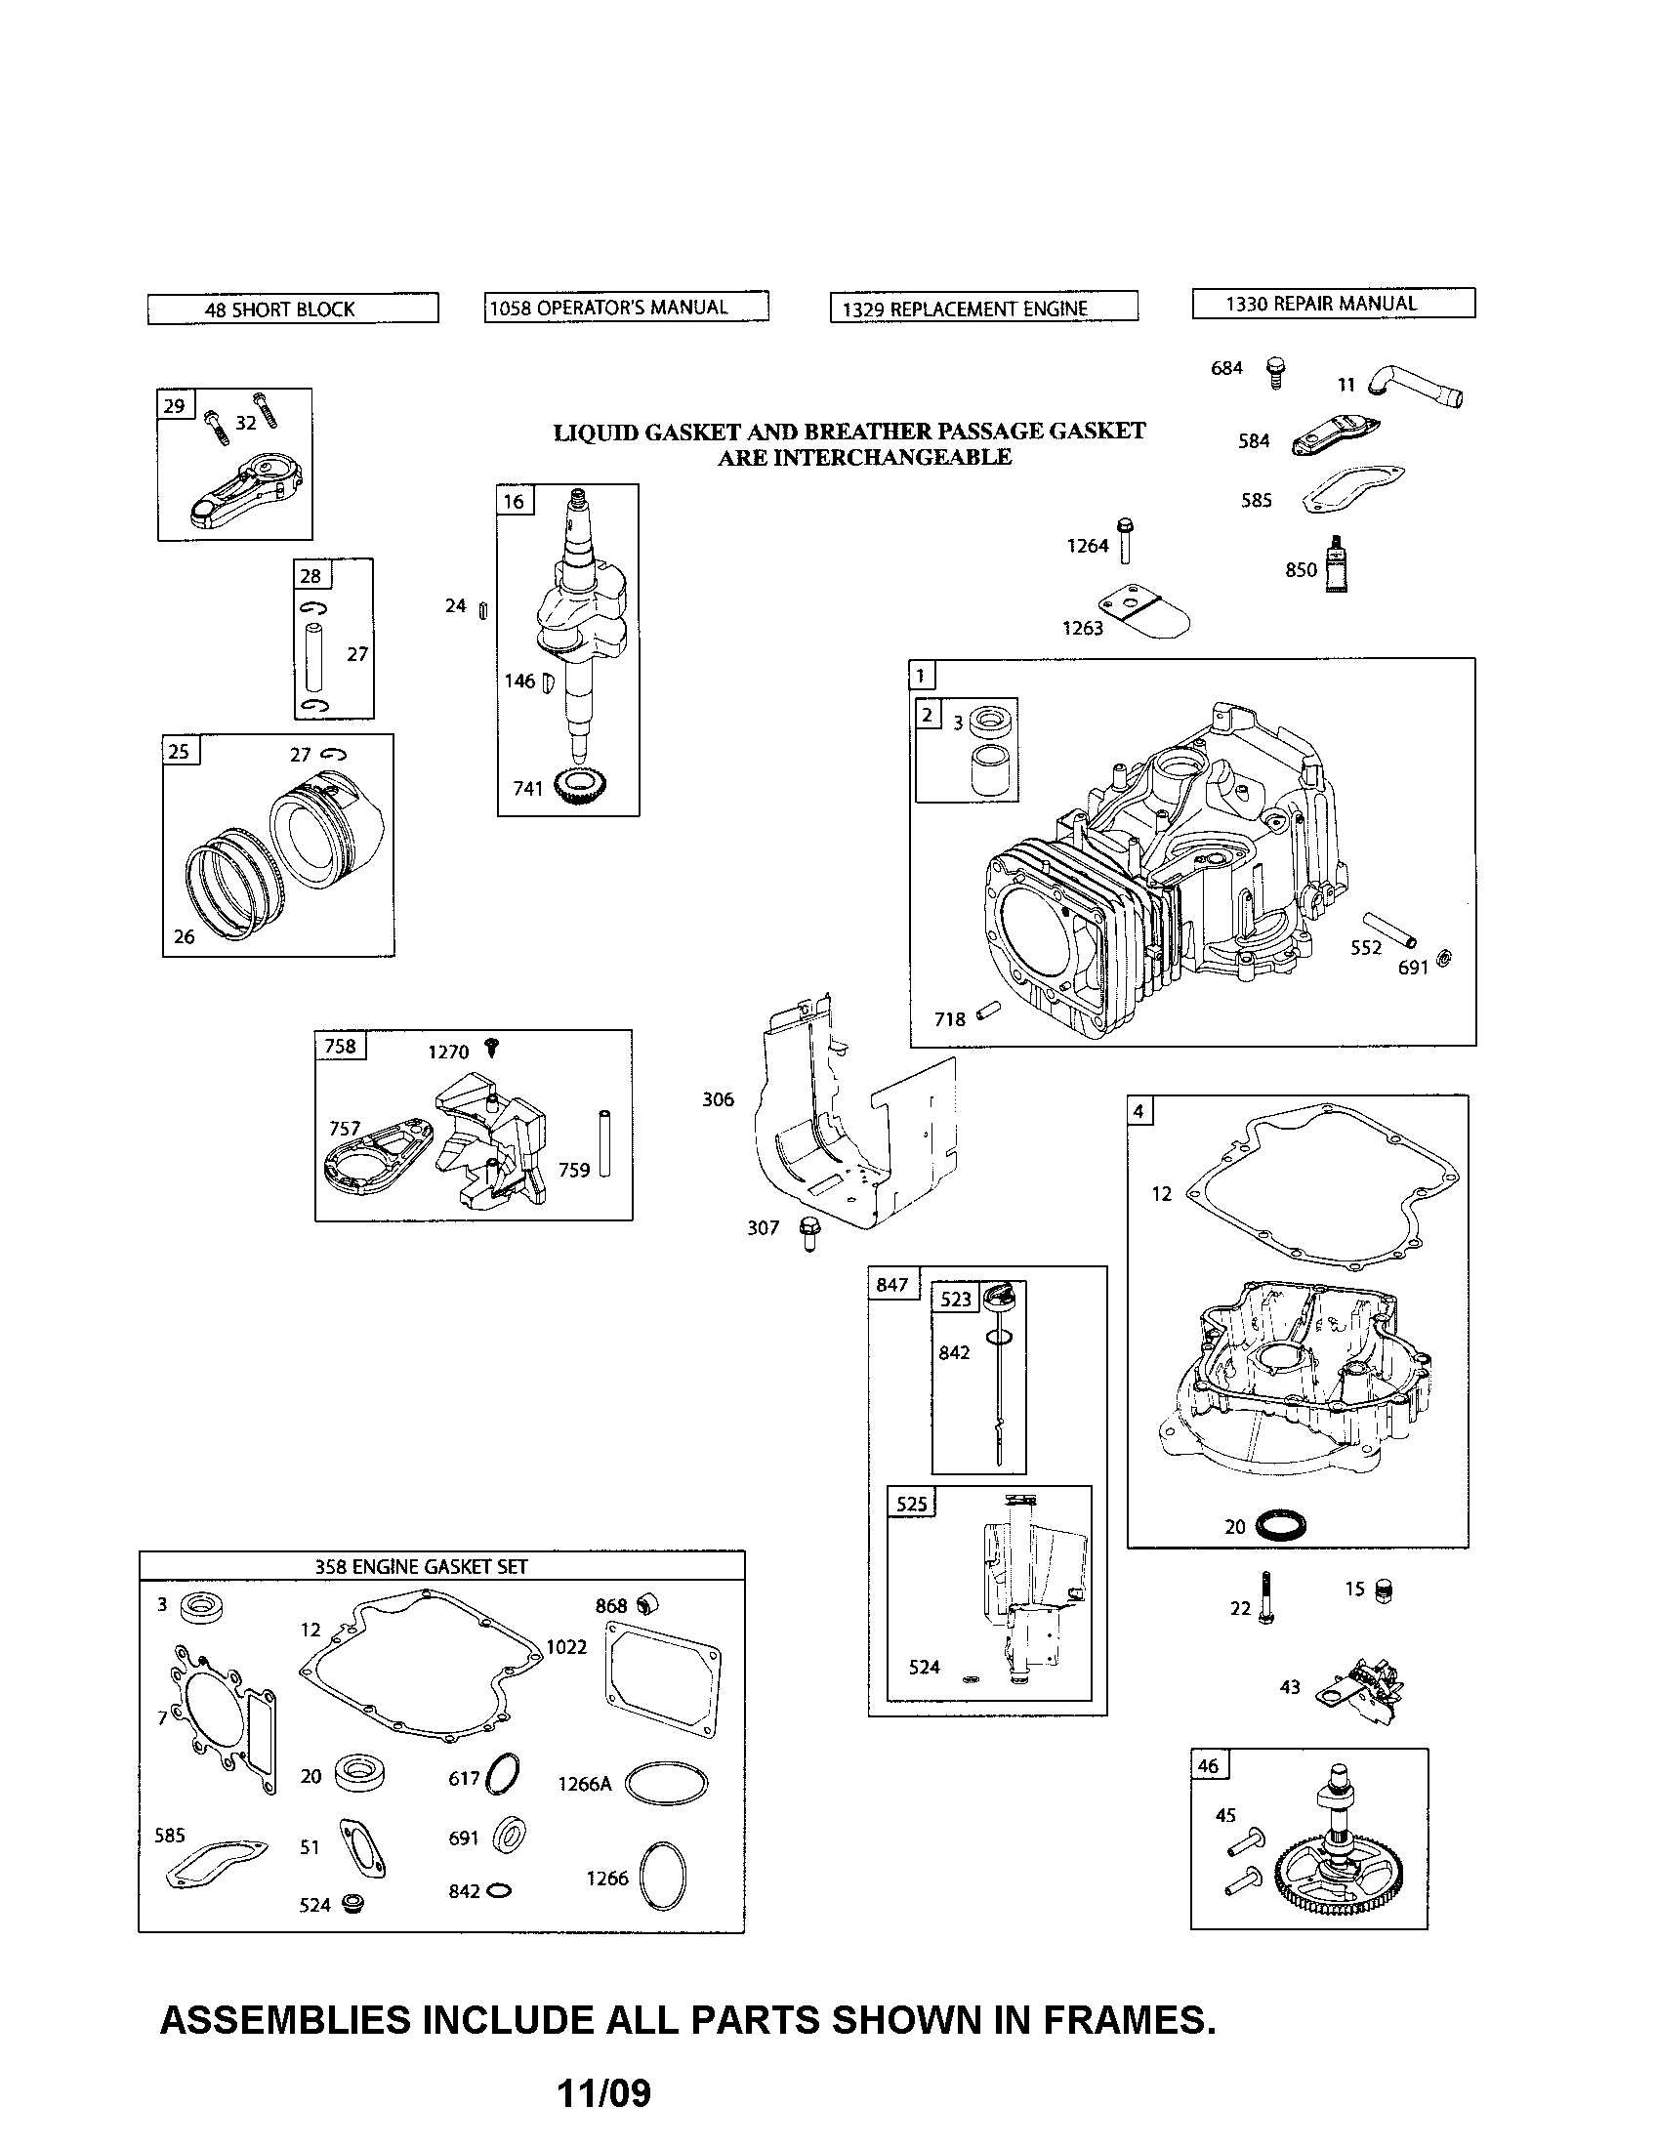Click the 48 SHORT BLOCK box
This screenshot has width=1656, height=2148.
tap(292, 309)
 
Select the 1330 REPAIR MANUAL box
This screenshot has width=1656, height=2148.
tap(1333, 304)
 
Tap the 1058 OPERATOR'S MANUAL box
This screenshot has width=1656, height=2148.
tap(626, 308)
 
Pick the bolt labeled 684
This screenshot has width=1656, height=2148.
tap(1275, 372)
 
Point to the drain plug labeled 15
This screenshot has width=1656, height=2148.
tap(1383, 1590)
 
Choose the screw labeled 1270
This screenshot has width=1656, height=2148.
tap(492, 1049)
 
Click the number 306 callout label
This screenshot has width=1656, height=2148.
tap(718, 1099)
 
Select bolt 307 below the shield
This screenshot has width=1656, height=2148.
tap(809, 1231)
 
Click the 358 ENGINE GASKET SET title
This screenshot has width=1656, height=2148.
tap(421, 1566)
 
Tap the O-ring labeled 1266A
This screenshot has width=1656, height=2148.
tap(666, 1783)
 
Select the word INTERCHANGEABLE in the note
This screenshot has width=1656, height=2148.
tap(863, 457)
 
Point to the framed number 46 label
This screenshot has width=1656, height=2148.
tap(1209, 1764)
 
